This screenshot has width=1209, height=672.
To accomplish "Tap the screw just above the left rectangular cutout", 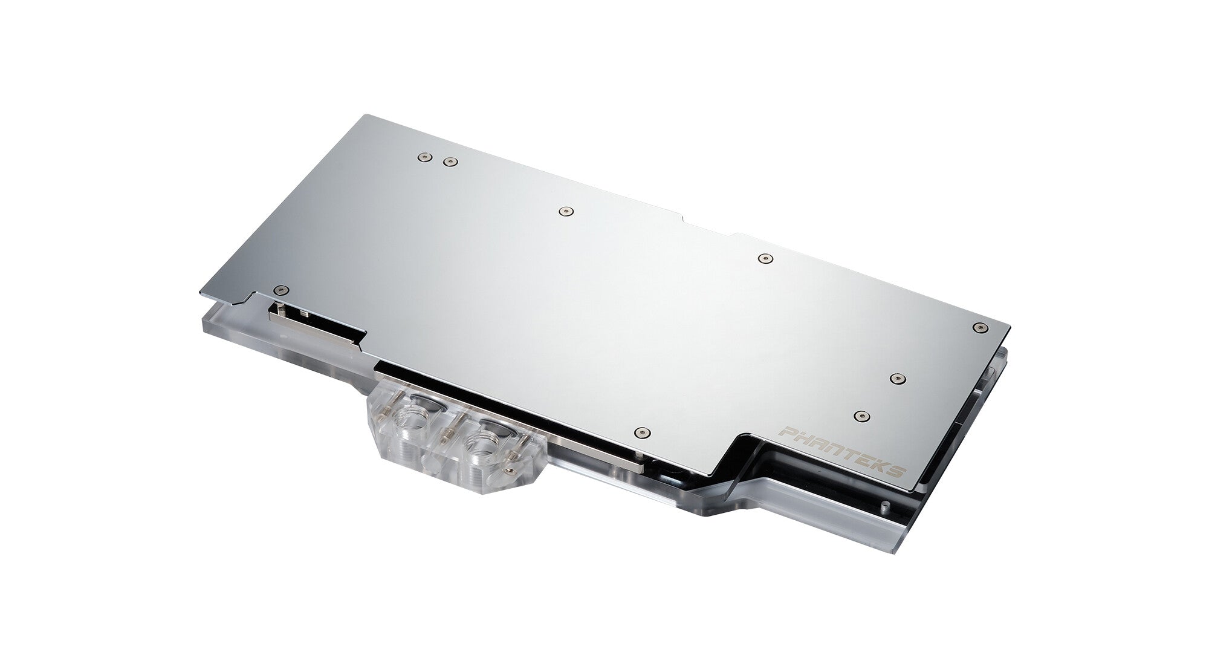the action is (x=279, y=290).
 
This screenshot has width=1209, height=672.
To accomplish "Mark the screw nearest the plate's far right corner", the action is (x=978, y=327).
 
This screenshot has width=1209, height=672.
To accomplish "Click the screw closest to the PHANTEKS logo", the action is (x=860, y=416).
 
